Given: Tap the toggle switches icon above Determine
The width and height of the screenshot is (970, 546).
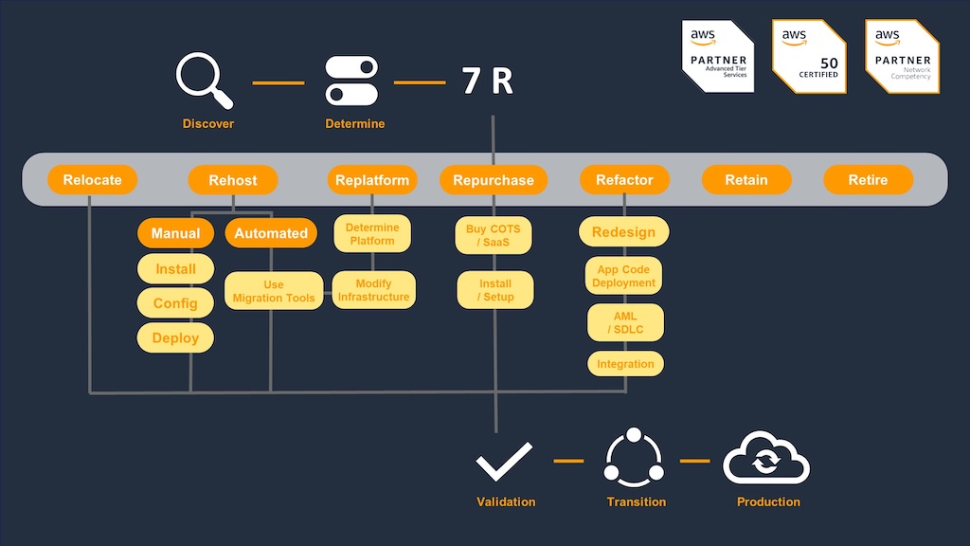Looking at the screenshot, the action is (351, 81).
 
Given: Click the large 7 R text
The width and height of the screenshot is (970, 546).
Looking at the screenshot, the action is (488, 82).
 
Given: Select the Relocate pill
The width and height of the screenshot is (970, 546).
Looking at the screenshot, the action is (92, 179).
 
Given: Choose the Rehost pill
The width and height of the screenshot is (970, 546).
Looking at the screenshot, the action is (233, 180).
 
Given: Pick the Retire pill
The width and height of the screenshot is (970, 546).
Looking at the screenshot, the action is (868, 179).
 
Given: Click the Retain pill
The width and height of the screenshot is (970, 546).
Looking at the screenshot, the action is (746, 179).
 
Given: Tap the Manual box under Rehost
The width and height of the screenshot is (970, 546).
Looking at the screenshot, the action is (175, 233).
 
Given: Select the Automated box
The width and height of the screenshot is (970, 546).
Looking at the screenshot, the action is (271, 233).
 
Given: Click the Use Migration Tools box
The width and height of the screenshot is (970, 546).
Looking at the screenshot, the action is (274, 291).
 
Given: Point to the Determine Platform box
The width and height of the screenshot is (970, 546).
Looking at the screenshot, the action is (371, 234).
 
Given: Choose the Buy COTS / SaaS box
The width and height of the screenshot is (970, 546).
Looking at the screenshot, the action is (493, 235).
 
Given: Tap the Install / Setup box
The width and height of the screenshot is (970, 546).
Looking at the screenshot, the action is (494, 290).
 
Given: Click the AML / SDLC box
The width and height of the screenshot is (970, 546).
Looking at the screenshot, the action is (625, 322).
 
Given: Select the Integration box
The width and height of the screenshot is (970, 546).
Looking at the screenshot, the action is (625, 364).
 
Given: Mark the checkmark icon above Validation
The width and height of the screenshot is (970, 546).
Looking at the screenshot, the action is (504, 462).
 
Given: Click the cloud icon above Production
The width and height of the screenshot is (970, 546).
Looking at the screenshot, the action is (766, 458).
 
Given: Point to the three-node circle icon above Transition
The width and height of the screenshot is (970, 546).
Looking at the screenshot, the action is (634, 458).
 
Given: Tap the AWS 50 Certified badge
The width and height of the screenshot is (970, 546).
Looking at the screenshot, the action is (809, 56).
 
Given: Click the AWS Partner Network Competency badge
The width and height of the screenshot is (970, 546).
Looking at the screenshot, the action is (902, 56).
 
